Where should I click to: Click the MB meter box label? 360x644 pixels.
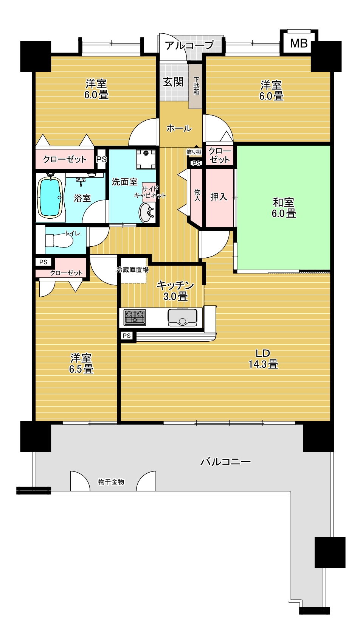299,44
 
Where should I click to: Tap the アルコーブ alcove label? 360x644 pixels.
189,45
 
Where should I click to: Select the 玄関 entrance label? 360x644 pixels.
173,82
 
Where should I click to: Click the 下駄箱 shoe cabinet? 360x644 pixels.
196,86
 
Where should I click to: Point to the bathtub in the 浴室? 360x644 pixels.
50,197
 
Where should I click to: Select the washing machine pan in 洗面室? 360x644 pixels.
146,159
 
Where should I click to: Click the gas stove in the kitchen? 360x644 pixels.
135,318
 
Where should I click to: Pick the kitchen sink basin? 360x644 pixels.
182,317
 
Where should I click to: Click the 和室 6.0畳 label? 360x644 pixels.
284,208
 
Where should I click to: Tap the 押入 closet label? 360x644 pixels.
219,197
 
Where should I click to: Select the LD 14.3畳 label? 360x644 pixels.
263,358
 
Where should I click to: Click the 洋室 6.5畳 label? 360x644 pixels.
81,363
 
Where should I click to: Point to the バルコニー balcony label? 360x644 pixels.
225,462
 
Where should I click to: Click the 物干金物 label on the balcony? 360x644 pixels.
111,482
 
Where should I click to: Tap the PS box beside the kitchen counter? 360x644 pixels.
127,336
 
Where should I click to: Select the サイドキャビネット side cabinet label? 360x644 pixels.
150,192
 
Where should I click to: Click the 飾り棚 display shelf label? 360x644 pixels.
194,152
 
